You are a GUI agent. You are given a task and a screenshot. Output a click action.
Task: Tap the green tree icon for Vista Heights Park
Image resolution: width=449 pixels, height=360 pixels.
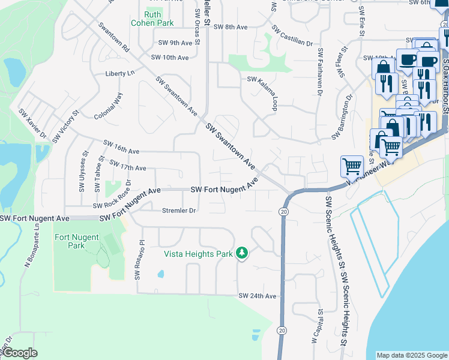(x=242, y=253)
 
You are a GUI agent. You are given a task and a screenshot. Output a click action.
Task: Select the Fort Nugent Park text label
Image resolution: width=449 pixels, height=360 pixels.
(x=77, y=241)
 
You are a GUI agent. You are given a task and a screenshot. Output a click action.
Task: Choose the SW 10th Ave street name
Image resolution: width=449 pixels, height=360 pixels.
(x=170, y=58)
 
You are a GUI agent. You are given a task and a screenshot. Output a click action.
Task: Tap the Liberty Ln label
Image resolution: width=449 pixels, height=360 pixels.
(x=120, y=73)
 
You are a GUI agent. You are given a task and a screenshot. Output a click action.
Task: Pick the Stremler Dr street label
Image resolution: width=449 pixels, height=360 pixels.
(x=179, y=211)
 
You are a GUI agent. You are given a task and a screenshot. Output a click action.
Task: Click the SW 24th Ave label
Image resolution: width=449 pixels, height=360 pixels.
(x=257, y=296)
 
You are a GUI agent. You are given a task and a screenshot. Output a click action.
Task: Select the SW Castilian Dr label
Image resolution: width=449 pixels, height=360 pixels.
(x=292, y=36)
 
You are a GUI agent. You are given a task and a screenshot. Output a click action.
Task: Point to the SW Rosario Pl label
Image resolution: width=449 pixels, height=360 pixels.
(x=140, y=260)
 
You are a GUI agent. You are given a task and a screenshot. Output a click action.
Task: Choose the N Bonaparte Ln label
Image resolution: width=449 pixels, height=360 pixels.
(x=27, y=247)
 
